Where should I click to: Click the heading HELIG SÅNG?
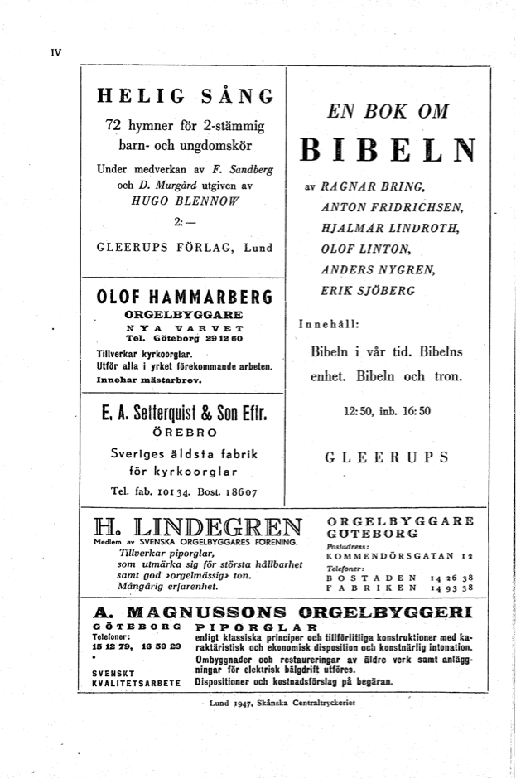click(184, 96)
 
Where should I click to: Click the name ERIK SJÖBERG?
click(367, 291)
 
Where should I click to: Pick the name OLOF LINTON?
click(365, 248)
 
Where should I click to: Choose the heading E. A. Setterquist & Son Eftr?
click(184, 412)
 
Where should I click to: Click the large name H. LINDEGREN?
click(198, 526)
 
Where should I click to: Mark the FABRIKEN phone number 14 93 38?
click(452, 588)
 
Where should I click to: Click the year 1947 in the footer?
click(242, 703)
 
